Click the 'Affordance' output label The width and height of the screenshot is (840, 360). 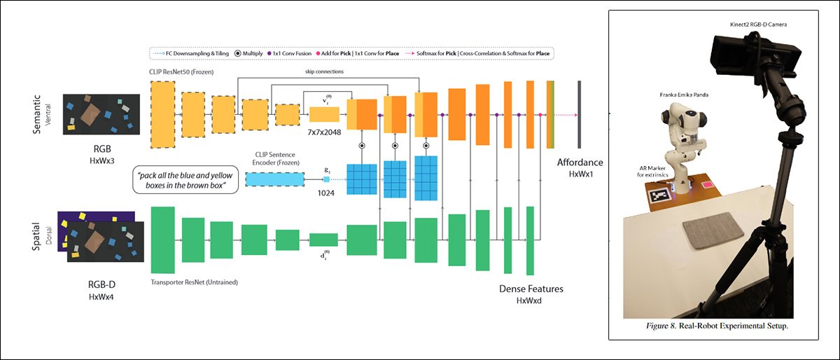pos(580,162)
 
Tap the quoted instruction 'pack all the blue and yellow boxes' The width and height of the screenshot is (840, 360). pos(185,180)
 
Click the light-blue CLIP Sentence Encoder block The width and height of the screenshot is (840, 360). pos(274,179)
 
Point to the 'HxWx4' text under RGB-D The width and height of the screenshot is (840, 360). pos(103,297)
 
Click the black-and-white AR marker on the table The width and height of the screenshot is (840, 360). pos(659,197)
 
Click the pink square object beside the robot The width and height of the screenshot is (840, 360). pos(708,185)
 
